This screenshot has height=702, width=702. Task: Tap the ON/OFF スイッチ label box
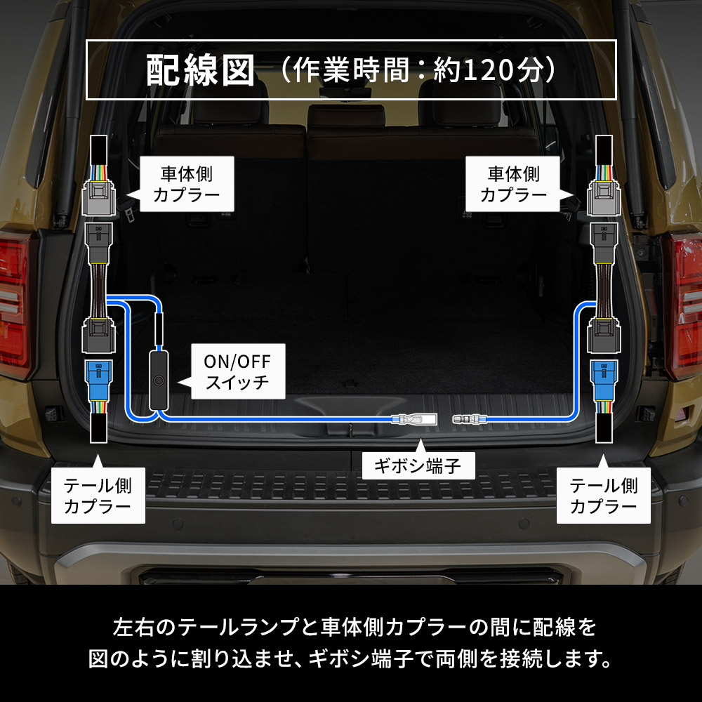[236, 371]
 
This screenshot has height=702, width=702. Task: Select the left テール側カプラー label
[98, 495]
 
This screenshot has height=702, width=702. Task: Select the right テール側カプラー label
[604, 495]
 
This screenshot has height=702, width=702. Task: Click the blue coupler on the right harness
[604, 378]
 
